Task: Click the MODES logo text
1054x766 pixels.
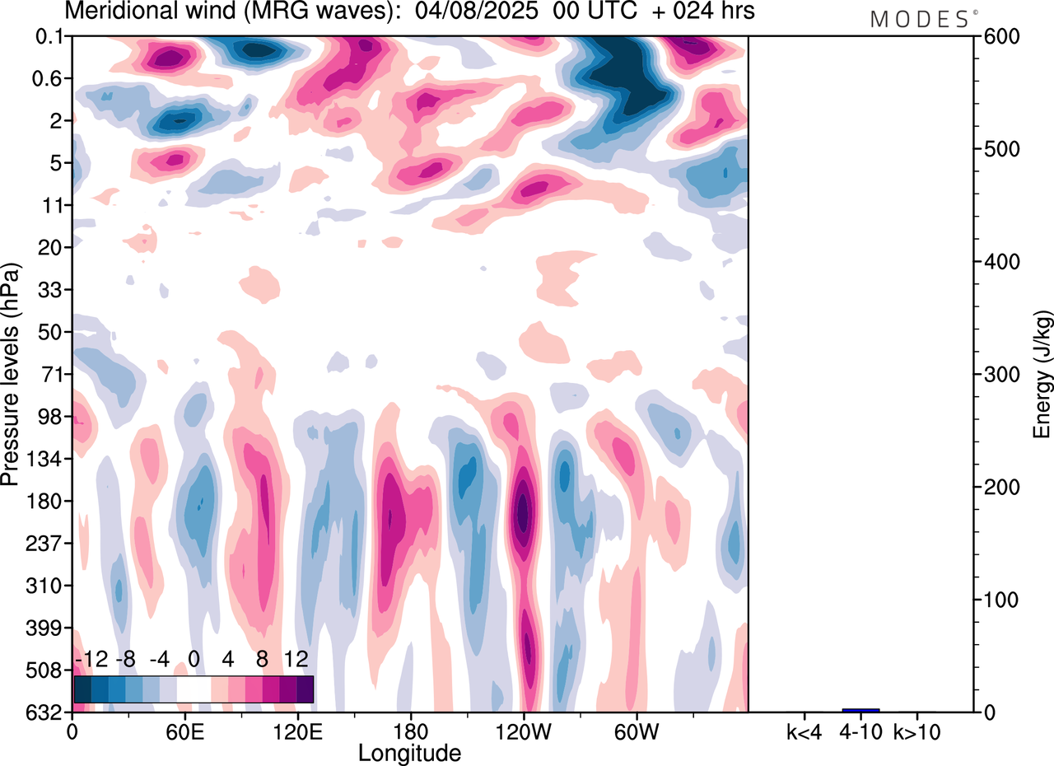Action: pos(920,20)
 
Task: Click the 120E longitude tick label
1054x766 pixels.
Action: pos(297,731)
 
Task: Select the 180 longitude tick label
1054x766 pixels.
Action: pos(410,731)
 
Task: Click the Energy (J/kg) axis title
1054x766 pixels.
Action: pos(1042,374)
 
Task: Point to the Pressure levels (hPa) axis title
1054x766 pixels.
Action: pos(11,375)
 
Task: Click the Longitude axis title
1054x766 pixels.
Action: pos(409,753)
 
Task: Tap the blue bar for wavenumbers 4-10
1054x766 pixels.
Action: pos(860,710)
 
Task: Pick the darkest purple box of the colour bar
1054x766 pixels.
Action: pos(305,689)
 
